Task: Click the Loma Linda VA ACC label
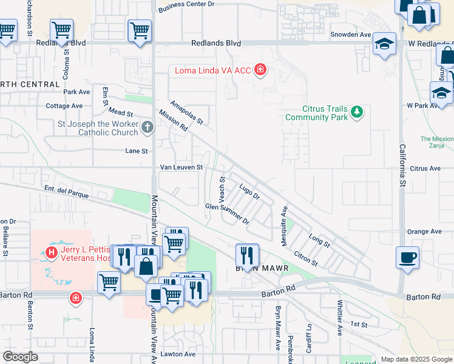coord(212,70)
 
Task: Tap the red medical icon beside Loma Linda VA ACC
coord(260,70)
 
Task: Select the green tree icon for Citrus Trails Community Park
coord(357,112)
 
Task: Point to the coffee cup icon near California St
coord(407,256)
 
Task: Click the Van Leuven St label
coord(180,167)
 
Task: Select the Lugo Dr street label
coord(249,192)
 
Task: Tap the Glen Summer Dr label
coord(228,214)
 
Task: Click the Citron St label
coord(305,258)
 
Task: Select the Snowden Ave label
coord(350,35)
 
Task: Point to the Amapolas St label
coord(186,113)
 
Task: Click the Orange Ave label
coord(424,232)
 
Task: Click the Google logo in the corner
coord(20,357)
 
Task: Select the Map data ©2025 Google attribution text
coord(417,359)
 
